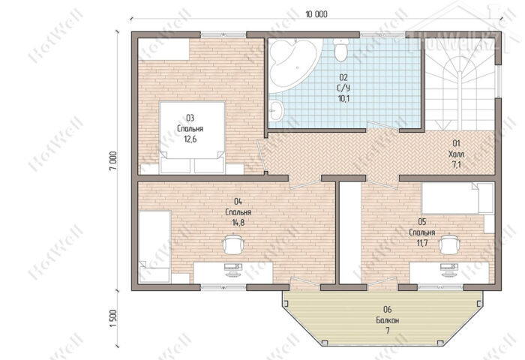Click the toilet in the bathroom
(x=340, y=49)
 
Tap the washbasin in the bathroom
(x=276, y=110)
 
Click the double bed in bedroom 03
(x=192, y=137)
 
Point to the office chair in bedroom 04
(x=232, y=244)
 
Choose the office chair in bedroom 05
(x=449, y=244)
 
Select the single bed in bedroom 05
(x=457, y=198)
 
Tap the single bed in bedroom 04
(x=154, y=247)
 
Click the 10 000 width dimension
(x=316, y=14)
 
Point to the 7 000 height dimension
(x=113, y=161)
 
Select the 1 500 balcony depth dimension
(x=113, y=319)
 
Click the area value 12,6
(x=190, y=139)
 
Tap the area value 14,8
(x=238, y=222)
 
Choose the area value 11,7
(x=422, y=243)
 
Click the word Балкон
(x=388, y=320)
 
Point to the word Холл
(x=456, y=154)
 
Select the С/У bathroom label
(x=343, y=88)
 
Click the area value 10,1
(x=343, y=98)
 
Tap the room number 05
(x=421, y=222)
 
